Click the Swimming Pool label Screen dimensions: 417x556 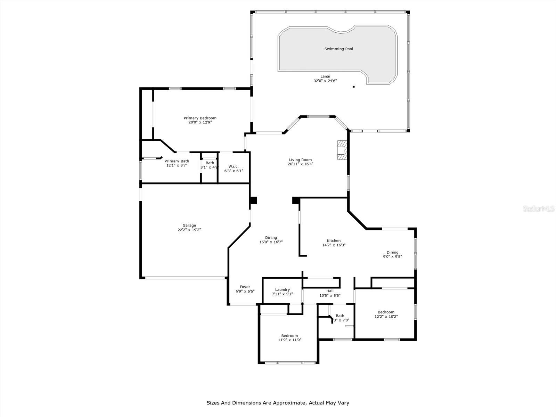pos(338,49)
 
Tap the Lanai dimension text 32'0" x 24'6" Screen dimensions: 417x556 pos(325,81)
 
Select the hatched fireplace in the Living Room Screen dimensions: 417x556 pos(342,150)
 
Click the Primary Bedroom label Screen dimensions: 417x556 pos(200,118)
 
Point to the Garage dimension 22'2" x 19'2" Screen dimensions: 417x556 pos(189,230)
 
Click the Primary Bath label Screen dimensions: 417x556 pos(177,161)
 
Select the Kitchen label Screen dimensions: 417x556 pos(334,240)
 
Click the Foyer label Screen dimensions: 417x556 pos(245,287)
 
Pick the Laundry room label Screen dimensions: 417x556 pos(282,289)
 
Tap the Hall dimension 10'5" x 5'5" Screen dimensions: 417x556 pos(330,295)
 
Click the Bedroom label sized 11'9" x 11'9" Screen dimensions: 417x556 pos(289,336)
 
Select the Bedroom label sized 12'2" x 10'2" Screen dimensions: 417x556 pos(386,312)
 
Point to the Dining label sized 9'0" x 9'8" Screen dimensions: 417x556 pos(392,252)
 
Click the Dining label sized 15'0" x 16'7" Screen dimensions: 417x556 pos(271,238)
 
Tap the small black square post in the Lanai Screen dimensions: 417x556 pos(353,87)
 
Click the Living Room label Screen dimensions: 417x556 pos(300,160)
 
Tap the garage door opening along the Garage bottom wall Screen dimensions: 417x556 pos(185,277)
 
